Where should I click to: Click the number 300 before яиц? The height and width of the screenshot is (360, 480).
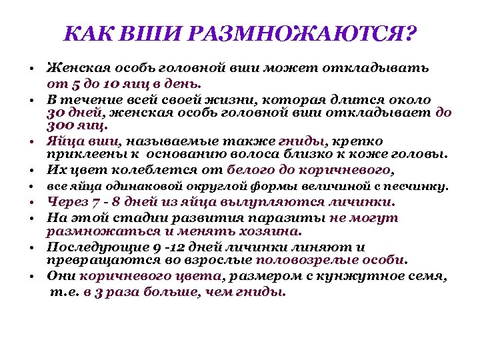pyautogui.click(x=59, y=125)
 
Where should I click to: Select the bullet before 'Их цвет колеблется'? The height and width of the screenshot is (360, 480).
pyautogui.click(x=32, y=170)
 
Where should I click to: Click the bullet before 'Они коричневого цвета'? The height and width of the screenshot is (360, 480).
pyautogui.click(x=32, y=276)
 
